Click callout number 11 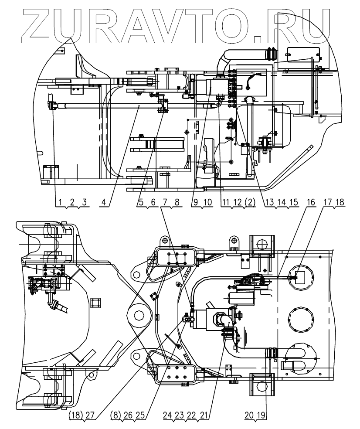(224, 202)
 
